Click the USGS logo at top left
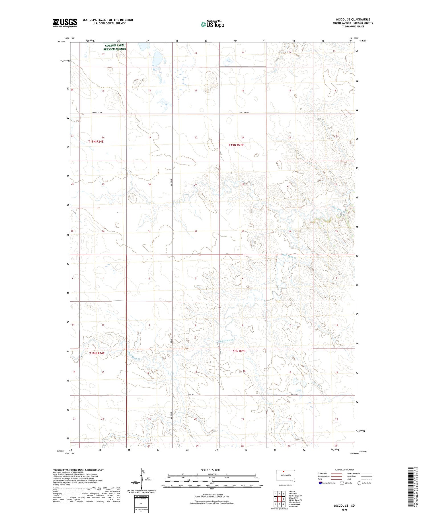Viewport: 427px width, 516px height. coord(65,23)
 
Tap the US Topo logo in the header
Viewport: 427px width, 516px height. coord(212,24)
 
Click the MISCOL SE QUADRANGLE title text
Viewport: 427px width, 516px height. coord(353,19)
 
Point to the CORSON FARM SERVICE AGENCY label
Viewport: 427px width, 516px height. coord(114,47)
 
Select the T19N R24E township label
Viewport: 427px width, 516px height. coord(98,141)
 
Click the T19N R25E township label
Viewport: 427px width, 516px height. coord(236,145)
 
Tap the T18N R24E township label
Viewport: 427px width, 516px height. coord(97,353)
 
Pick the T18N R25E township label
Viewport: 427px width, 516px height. coord(238,351)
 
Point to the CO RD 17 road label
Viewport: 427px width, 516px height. coord(294,394)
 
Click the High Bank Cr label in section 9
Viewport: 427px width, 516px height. coord(225,340)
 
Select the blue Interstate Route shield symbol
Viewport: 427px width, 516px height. coord(320,483)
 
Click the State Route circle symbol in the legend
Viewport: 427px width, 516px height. coord(359,483)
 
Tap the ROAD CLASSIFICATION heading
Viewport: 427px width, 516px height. coord(344,470)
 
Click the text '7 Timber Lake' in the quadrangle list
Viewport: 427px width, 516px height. coord(294,504)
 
